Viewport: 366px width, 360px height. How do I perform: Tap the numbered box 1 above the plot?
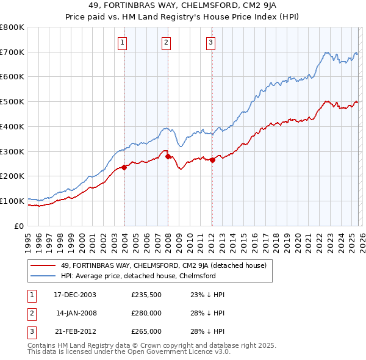click(x=123, y=42)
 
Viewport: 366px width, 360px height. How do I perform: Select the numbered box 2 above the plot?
click(x=166, y=42)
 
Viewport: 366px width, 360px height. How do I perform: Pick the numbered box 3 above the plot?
click(x=210, y=42)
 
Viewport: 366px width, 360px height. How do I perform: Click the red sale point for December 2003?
click(x=124, y=167)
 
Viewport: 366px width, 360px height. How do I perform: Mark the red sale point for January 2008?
click(x=168, y=156)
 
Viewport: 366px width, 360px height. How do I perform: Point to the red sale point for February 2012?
click(x=212, y=160)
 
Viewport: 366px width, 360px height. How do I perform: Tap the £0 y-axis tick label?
click(x=19, y=226)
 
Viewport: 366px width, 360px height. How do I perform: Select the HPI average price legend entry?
click(x=138, y=276)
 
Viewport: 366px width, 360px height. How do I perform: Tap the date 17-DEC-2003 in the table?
click(x=75, y=294)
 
